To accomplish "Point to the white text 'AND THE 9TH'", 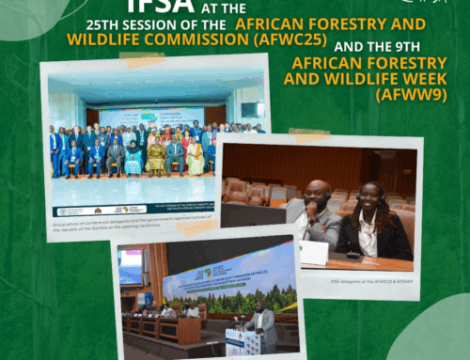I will coord(361,42).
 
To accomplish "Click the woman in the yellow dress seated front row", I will coord(155,157).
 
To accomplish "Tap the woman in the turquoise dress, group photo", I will coord(133,159).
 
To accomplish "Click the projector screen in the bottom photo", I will coord(133,266).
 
